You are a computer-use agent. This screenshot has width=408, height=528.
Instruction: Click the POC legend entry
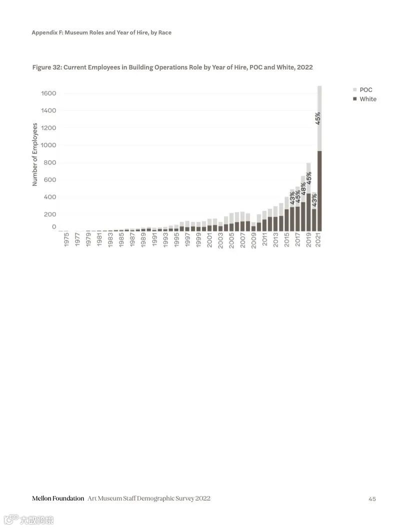pos(365,90)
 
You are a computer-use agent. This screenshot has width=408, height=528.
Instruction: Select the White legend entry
pos(367,99)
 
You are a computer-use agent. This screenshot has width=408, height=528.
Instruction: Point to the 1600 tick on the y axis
pos(48,93)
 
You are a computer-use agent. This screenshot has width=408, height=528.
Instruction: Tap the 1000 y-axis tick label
pos(48,145)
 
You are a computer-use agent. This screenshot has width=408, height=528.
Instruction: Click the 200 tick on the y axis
pos(50,214)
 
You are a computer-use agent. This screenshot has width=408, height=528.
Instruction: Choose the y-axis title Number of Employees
pos(35,154)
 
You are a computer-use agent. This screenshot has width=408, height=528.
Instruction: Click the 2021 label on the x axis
pos(319,239)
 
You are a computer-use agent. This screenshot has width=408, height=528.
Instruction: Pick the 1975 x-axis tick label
pos(66,239)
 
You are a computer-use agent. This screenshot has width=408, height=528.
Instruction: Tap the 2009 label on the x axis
pos(253,239)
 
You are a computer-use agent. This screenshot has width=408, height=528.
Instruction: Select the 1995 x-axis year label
pos(176,239)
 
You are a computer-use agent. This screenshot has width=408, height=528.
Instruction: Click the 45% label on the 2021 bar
pos(318,118)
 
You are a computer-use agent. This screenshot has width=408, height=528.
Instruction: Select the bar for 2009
pos(253,226)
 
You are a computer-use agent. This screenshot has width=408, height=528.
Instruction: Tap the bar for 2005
pos(231,222)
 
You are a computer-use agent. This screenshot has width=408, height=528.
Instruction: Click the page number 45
pos(372,498)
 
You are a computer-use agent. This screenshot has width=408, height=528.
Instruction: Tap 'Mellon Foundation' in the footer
pos(58,498)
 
